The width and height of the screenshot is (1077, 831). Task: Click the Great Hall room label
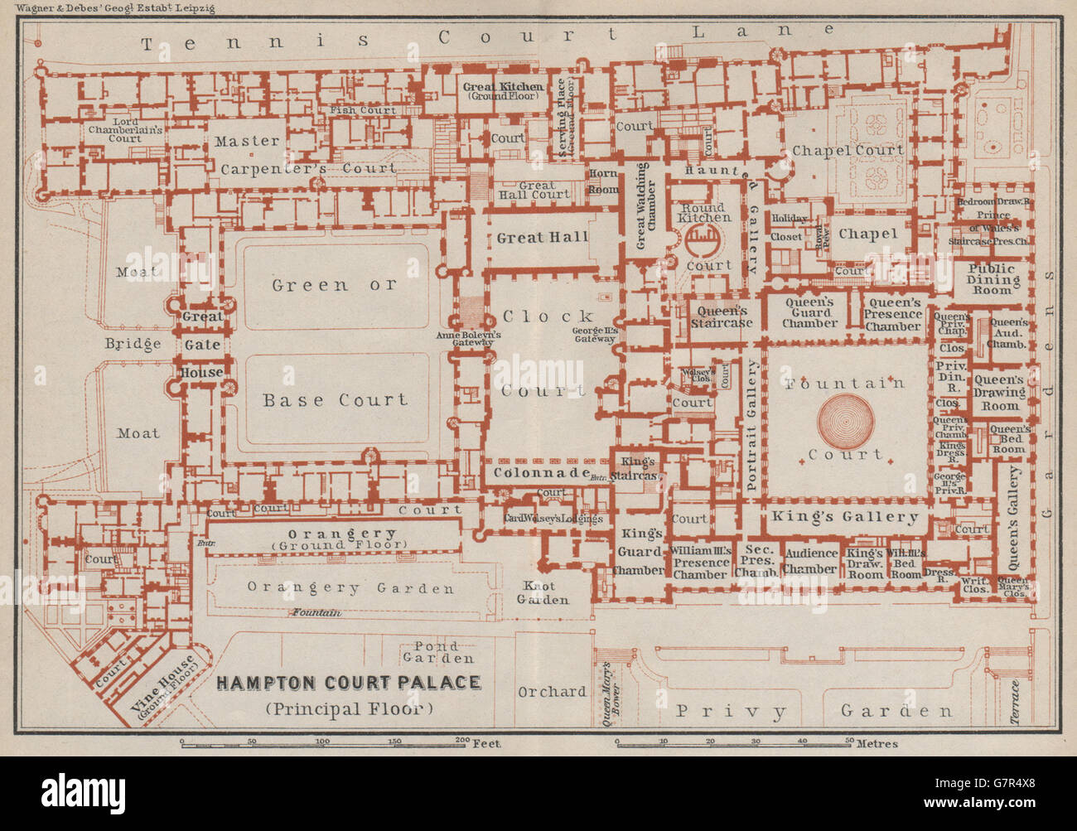coord(542,238)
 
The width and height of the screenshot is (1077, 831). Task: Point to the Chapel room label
coord(867,234)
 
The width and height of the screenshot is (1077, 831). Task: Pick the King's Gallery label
coord(845,517)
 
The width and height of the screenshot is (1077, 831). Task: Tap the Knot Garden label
coord(544,592)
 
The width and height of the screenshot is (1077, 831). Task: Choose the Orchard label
coord(551,691)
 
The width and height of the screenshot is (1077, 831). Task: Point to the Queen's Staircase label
coord(722,316)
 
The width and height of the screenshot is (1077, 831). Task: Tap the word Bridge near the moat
coord(133,344)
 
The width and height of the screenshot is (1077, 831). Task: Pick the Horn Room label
coord(604,181)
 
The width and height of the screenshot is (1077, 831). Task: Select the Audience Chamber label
coord(811,561)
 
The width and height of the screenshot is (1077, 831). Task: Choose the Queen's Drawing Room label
coord(1000,393)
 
